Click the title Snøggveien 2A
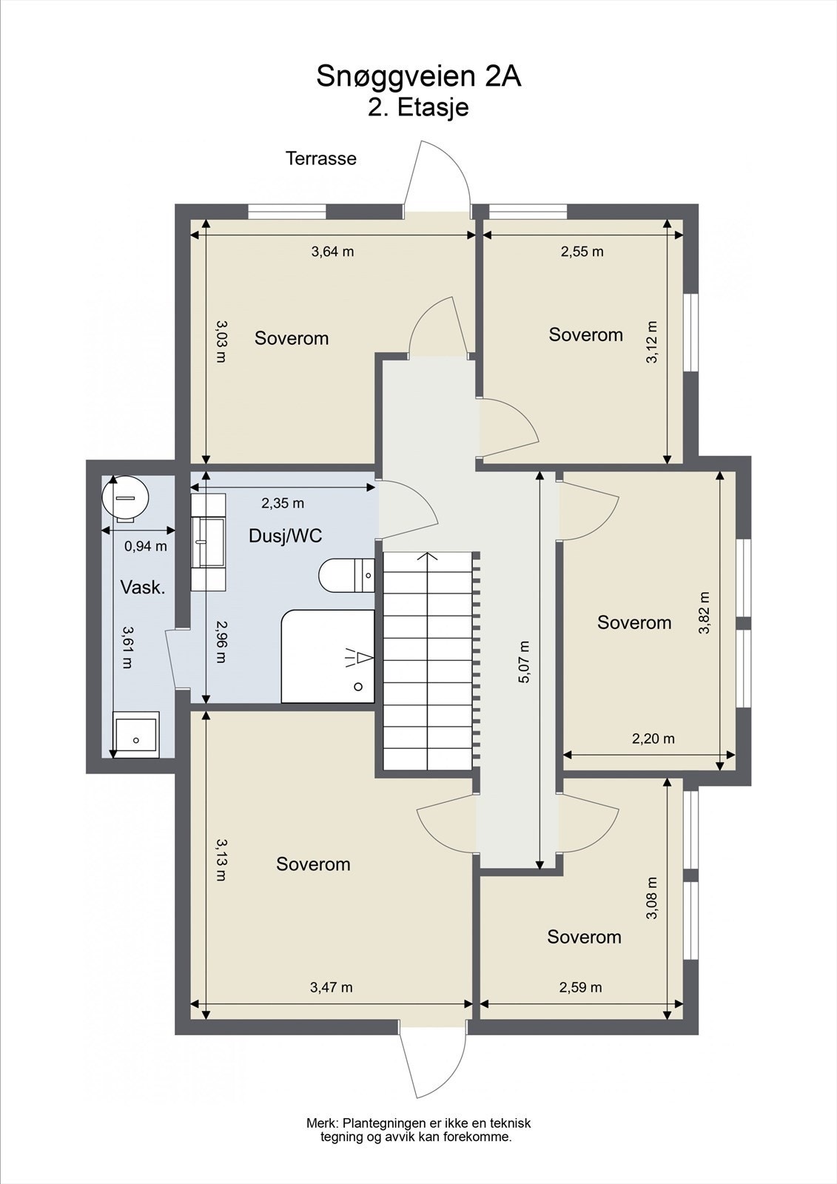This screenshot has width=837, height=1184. (x=419, y=76)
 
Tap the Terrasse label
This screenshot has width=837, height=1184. (x=321, y=158)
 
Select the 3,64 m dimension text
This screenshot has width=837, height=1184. (x=332, y=252)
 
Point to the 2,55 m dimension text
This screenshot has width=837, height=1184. (x=582, y=252)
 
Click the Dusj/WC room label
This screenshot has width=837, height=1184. (x=286, y=536)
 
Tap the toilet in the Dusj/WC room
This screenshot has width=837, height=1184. (x=347, y=574)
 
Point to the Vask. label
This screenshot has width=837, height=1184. (x=143, y=588)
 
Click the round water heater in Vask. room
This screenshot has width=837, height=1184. (x=125, y=497)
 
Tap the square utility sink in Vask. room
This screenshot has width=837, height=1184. (x=136, y=734)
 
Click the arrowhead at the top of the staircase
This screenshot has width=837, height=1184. (x=427, y=556)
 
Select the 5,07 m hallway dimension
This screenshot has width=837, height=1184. (x=524, y=662)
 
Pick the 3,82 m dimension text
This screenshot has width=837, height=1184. (x=703, y=613)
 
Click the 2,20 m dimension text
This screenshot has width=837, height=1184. (x=653, y=739)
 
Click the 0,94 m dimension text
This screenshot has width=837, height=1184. (x=145, y=546)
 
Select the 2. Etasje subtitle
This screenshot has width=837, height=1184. (x=418, y=108)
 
